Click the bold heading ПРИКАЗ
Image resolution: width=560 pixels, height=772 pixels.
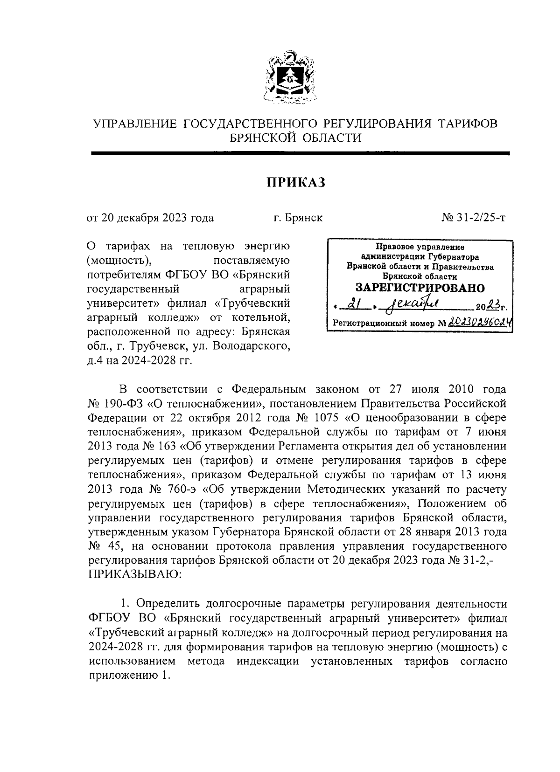[295, 183]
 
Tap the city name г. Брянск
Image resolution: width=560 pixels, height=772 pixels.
[298, 217]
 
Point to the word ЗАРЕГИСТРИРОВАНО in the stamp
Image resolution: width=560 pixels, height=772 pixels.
[420, 288]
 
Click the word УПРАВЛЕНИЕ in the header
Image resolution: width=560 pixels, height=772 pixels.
[135, 124]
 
